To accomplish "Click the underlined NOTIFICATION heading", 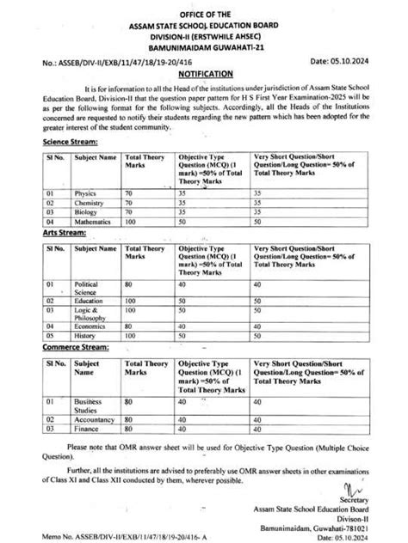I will (203, 76).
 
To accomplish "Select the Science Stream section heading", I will (70, 142).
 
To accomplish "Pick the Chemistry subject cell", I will (90, 203).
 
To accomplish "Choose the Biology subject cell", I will (86, 212).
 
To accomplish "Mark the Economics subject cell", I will (90, 326).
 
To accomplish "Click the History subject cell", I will (85, 336).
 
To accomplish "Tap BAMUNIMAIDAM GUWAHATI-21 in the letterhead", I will (204, 46).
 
